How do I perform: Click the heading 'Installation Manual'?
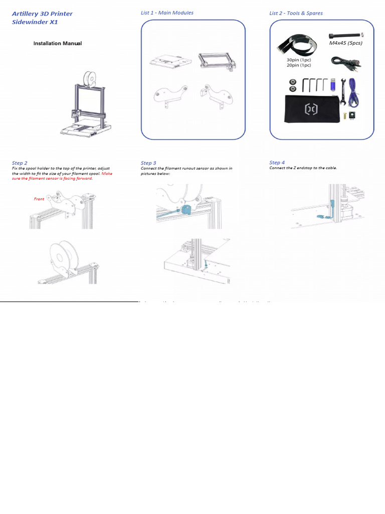tap(57, 44)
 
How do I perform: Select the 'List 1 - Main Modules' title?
tap(167, 13)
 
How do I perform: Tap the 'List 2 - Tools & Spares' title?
tap(296, 13)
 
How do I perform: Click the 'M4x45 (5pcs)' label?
tap(345, 43)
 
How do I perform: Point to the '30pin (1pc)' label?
tap(299, 60)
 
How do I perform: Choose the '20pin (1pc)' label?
tap(299, 65)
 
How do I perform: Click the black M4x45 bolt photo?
tap(345, 35)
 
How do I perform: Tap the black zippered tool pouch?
tap(310, 108)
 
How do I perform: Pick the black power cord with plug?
tap(344, 62)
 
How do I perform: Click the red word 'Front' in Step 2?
tap(39, 199)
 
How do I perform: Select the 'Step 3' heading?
tap(148, 163)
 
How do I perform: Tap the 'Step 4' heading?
tap(277, 163)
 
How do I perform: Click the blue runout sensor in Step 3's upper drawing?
tap(187, 210)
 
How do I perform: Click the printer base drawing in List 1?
tap(170, 62)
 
